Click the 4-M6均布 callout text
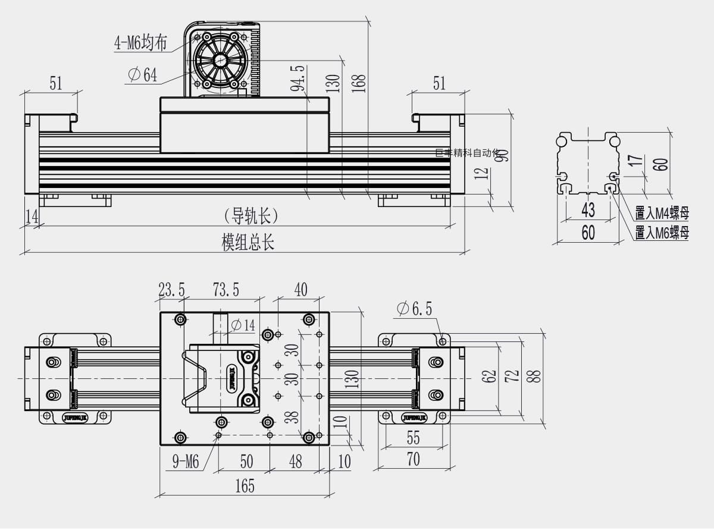coord(140,43)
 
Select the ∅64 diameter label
coord(143,75)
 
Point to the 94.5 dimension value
coord(298,78)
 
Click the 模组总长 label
coord(248,243)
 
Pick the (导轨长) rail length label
coord(250,216)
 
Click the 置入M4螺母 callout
coord(662,213)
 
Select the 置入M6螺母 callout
coord(662,233)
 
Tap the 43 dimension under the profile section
coord(587,210)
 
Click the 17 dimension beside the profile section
coord(635,161)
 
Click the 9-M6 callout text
coord(185,462)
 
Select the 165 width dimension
coord(244,487)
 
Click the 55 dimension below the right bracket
coord(413,438)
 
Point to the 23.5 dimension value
coord(171,290)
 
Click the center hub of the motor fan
coord(220,60)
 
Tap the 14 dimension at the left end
coord(32,217)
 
